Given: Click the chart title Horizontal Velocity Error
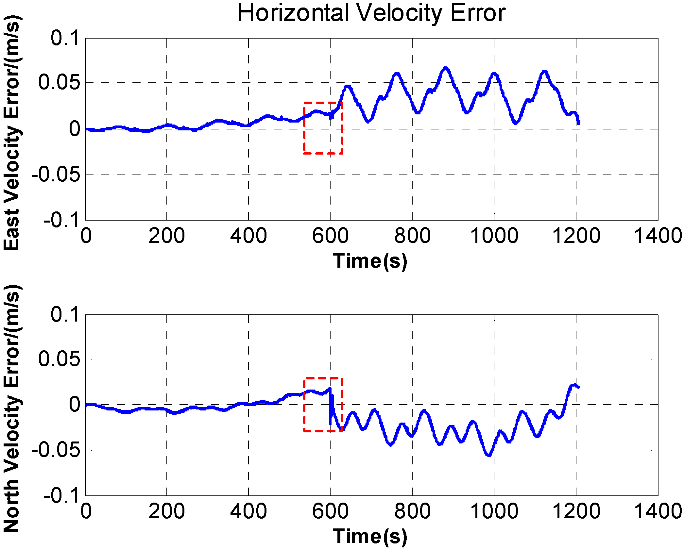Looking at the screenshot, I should [x=371, y=13].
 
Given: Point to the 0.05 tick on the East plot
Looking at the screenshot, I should [x=59, y=82].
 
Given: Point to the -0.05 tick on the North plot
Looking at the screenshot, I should [x=56, y=450].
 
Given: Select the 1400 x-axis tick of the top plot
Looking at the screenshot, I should [x=658, y=236].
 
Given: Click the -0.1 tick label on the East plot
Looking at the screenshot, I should [x=62, y=220].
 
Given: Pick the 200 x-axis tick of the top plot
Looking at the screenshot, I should [x=167, y=236].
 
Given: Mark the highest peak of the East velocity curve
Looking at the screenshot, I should [x=445, y=68].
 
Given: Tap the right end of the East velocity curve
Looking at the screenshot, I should [x=578, y=123].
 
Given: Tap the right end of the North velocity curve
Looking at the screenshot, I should [x=578, y=387].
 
